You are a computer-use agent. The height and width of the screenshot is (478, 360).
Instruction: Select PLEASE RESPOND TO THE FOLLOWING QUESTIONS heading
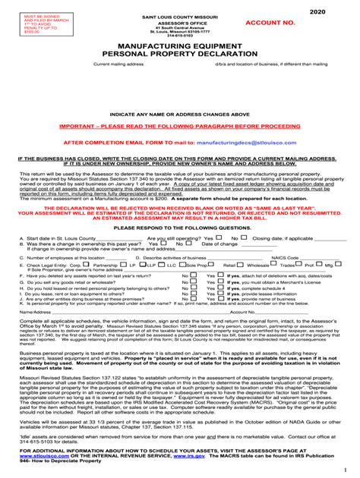tap(179, 227)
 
